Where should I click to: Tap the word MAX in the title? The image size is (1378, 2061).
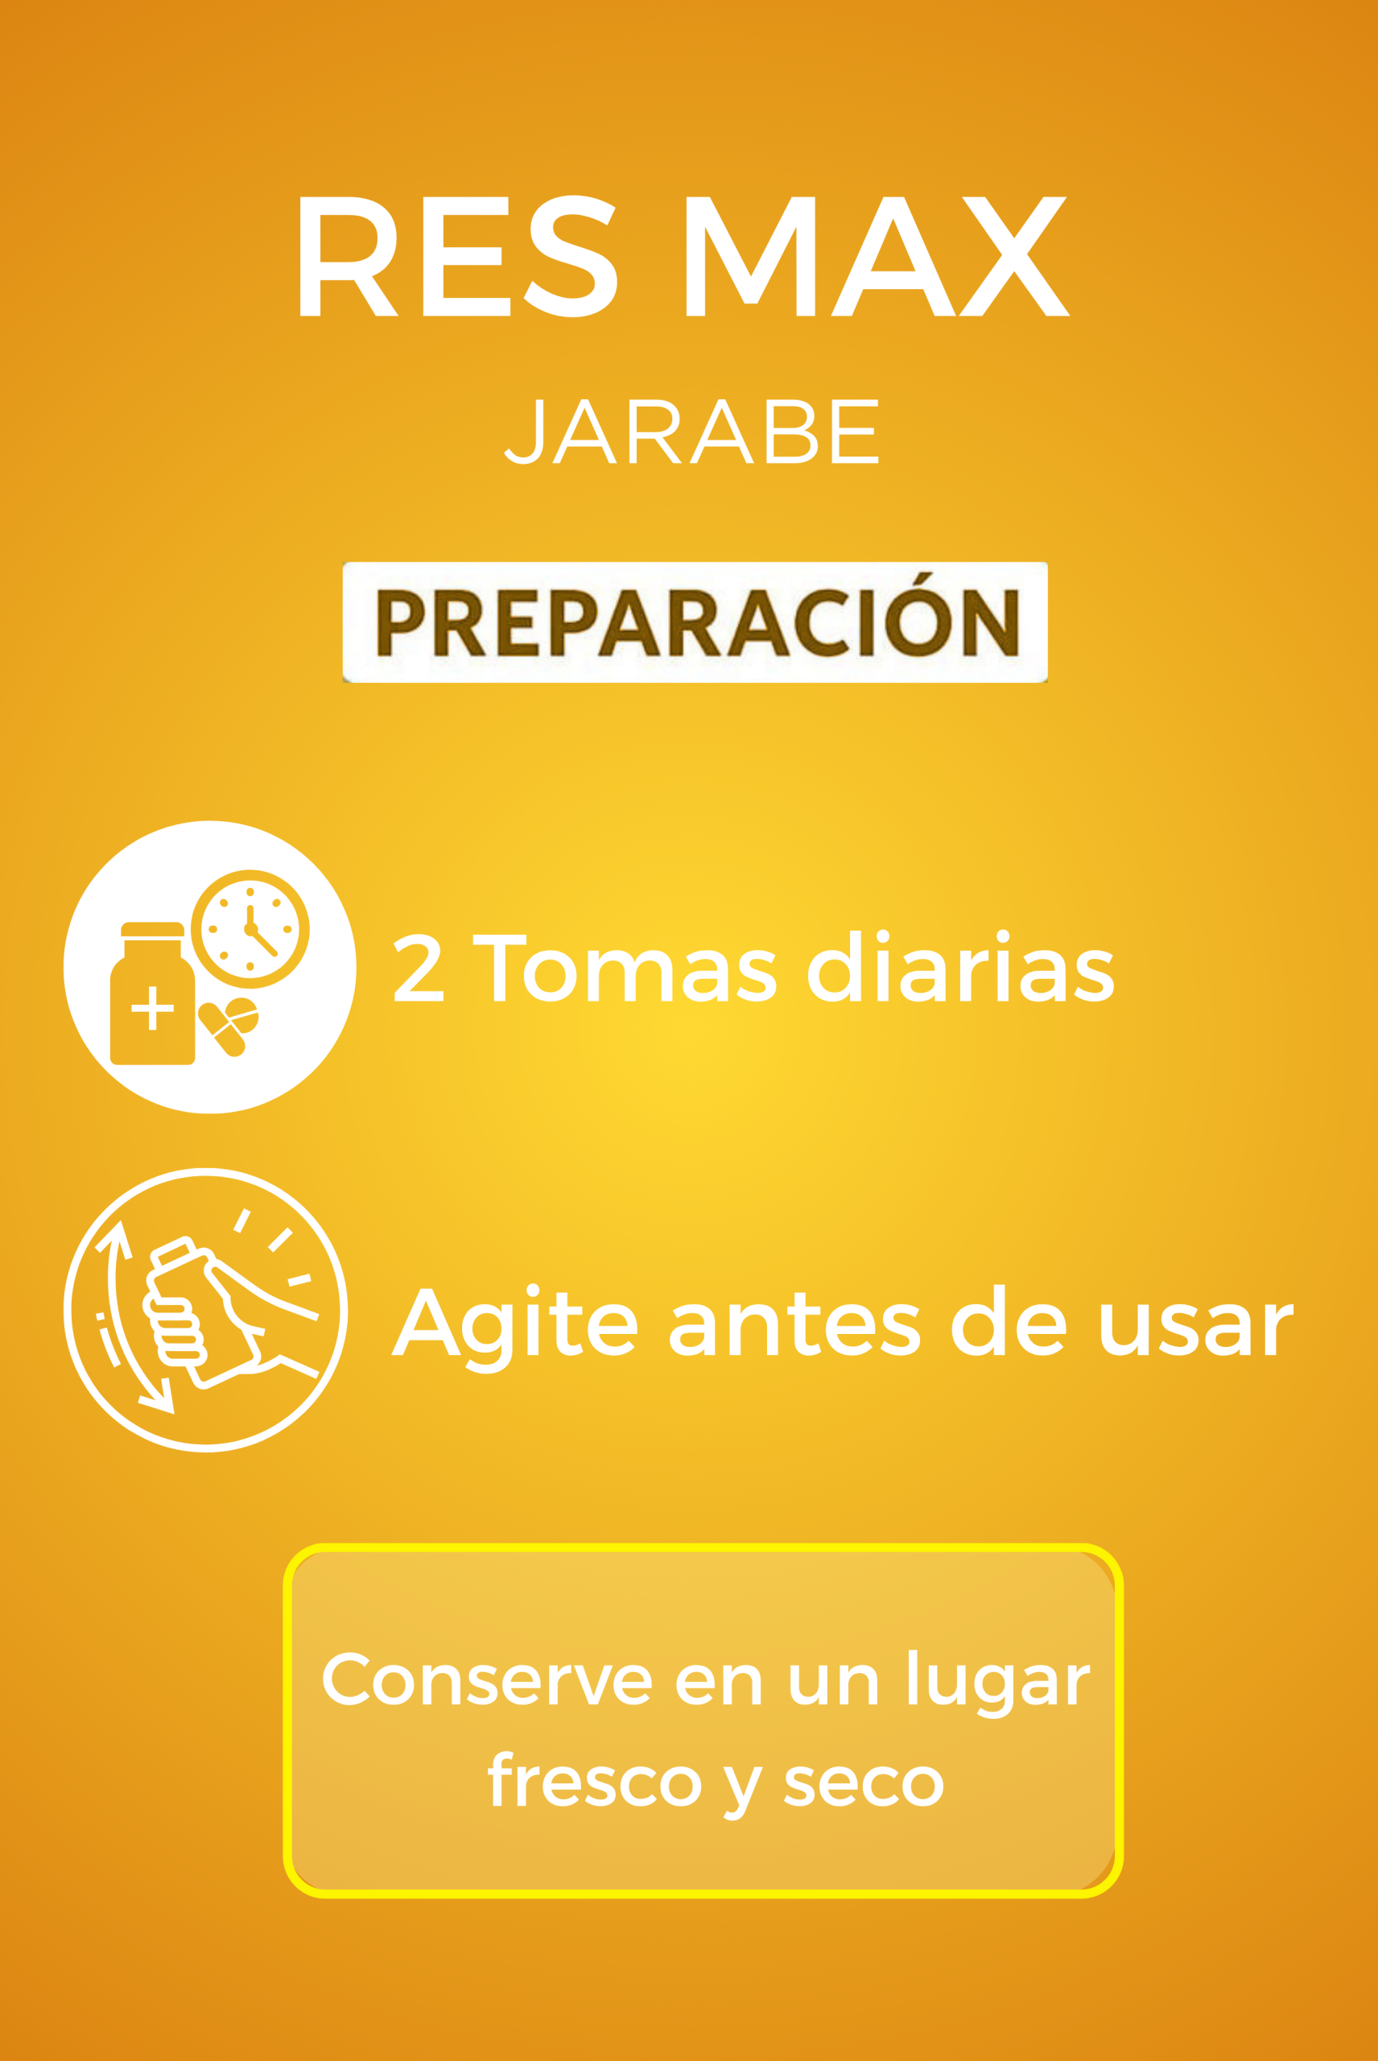pyautogui.click(x=877, y=256)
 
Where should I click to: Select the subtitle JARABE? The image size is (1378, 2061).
pyautogui.click(x=691, y=431)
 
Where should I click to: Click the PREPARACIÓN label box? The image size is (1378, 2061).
pyautogui.click(x=695, y=622)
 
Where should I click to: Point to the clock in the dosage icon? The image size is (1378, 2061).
pyautogui.click(x=250, y=929)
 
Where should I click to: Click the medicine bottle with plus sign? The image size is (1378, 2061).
pyautogui.click(x=152, y=993)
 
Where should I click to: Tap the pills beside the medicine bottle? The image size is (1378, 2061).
pyautogui.click(x=229, y=1026)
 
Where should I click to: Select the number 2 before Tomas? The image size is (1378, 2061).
pyautogui.click(x=419, y=968)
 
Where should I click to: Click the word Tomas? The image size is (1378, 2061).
pyautogui.click(x=625, y=968)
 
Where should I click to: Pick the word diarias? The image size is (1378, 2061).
pyautogui.click(x=961, y=966)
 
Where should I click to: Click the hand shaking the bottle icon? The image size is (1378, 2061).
pyautogui.click(x=204, y=1311)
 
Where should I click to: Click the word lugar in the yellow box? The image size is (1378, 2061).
pyautogui.click(x=997, y=1683)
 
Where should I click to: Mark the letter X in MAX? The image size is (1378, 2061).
pyautogui.click(x=1014, y=256)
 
